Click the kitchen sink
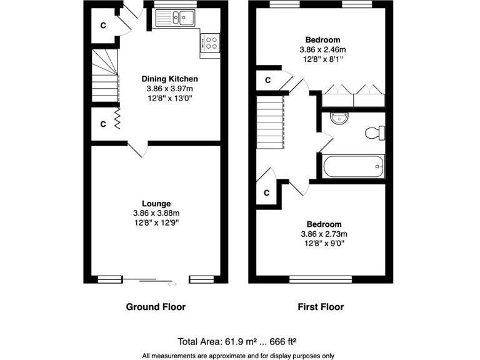coord(178,18)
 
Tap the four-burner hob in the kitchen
coord(211,42)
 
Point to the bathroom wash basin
coord(339,117)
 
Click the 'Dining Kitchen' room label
coord(169,79)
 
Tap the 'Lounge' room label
coord(156,203)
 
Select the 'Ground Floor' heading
coord(156,307)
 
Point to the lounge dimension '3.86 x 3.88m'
coord(156,213)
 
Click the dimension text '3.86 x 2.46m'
coord(323,49)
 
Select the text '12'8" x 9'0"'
coord(323,244)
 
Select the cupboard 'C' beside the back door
coord(102,26)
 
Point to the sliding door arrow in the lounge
coord(172,284)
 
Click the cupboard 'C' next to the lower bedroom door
coord(266,192)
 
